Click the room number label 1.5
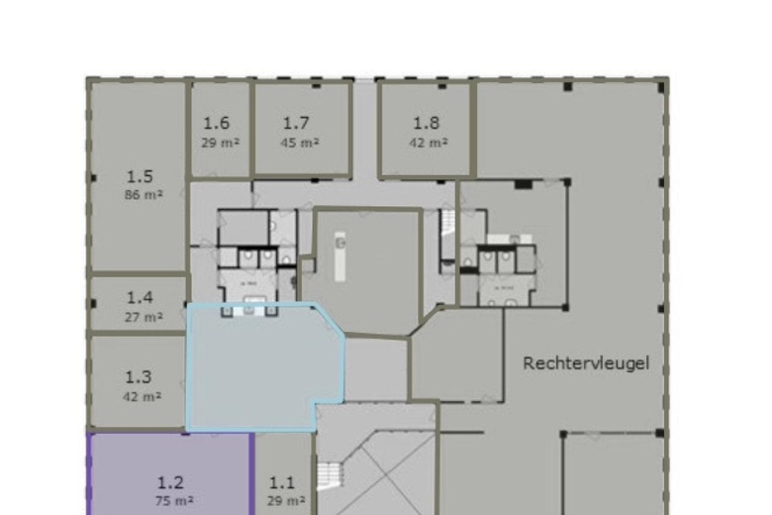[x=140, y=177]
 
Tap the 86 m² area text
[x=144, y=195]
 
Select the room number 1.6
[x=217, y=124]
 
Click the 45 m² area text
[x=300, y=143]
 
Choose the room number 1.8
[x=426, y=124]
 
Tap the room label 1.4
[x=140, y=297]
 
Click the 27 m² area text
[x=144, y=317]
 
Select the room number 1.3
[x=139, y=376]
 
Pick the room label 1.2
[x=171, y=482]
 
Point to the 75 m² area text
[x=174, y=501]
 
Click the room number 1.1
[x=283, y=482]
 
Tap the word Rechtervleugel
[x=586, y=363]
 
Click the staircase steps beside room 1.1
[x=329, y=479]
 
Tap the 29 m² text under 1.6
[x=220, y=143]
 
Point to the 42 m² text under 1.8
[x=428, y=143]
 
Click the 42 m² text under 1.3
[x=143, y=396]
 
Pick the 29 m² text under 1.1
[x=285, y=501]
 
